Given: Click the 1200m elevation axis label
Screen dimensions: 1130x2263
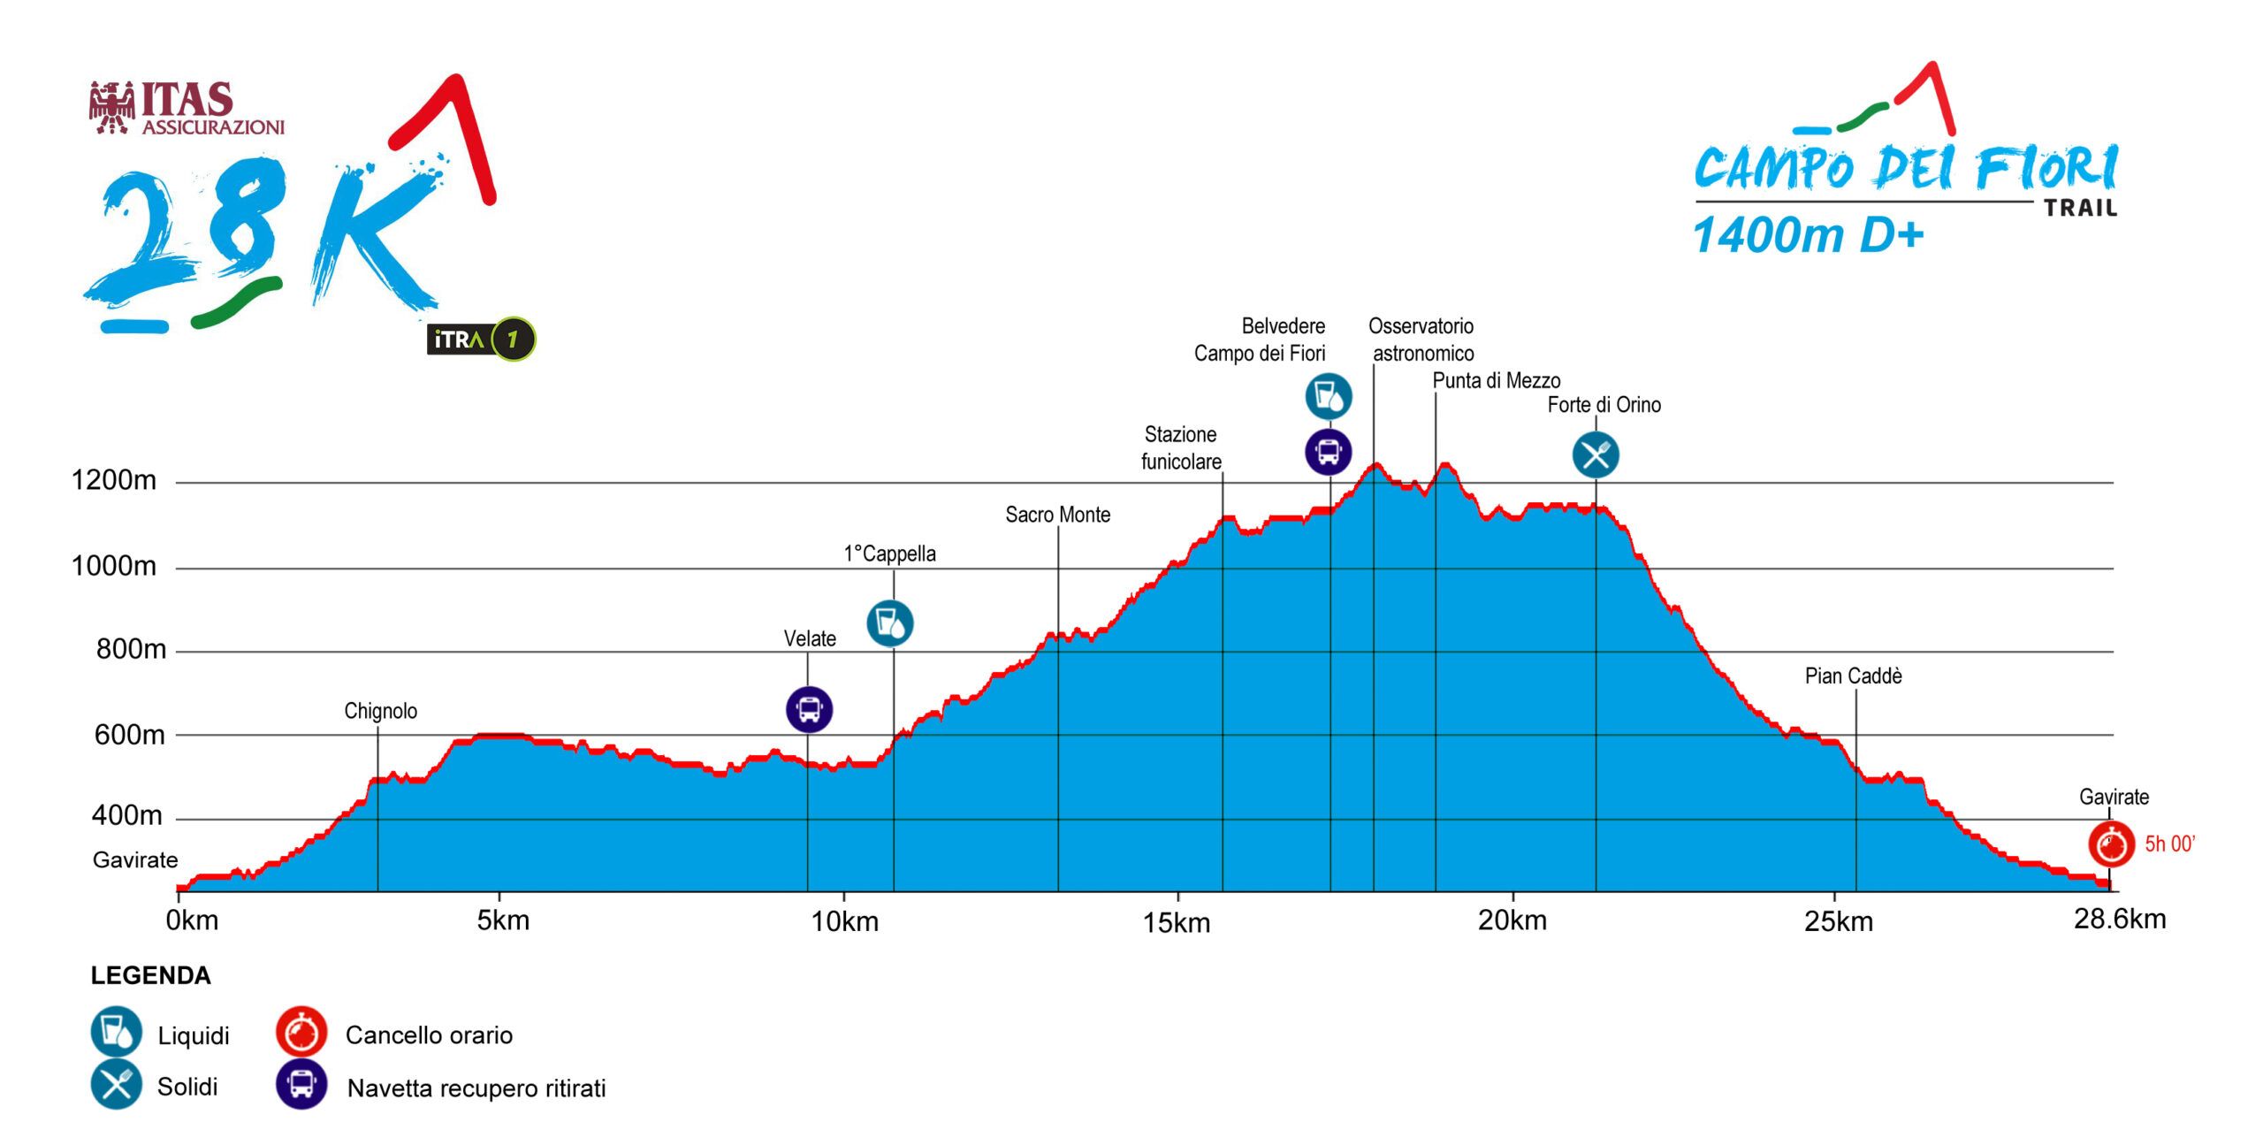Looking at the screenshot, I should point(113,480).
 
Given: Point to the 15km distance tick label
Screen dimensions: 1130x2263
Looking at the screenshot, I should point(1176,923).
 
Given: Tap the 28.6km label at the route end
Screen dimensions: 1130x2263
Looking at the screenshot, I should point(2119,920).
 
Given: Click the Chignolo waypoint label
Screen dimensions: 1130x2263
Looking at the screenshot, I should point(380,711).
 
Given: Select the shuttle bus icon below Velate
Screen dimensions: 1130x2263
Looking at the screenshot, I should point(809,709).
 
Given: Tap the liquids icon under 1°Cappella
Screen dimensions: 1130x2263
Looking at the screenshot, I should point(889,622).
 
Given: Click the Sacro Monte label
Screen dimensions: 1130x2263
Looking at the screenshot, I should point(1057,515).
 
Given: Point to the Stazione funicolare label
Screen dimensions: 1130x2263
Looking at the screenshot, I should point(1181,448).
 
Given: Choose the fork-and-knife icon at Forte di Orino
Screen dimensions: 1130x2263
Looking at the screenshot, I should point(1595,455).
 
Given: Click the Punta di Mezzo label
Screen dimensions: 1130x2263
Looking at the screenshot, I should point(1496,381).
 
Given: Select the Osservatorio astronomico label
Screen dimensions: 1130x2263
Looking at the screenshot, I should point(1421,340).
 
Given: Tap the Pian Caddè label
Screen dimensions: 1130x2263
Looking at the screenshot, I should point(1853,676).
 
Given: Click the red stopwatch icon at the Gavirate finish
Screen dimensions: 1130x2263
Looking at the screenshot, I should point(2111,844).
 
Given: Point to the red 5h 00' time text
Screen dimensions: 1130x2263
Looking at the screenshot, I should point(2169,844).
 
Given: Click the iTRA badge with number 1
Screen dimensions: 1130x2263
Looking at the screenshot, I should point(481,340).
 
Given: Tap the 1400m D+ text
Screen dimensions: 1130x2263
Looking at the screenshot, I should point(1808,236).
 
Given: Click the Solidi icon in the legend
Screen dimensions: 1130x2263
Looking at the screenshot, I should point(116,1085).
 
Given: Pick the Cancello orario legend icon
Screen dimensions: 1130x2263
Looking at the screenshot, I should point(301,1032).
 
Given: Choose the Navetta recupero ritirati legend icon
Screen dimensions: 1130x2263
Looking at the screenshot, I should point(301,1084).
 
